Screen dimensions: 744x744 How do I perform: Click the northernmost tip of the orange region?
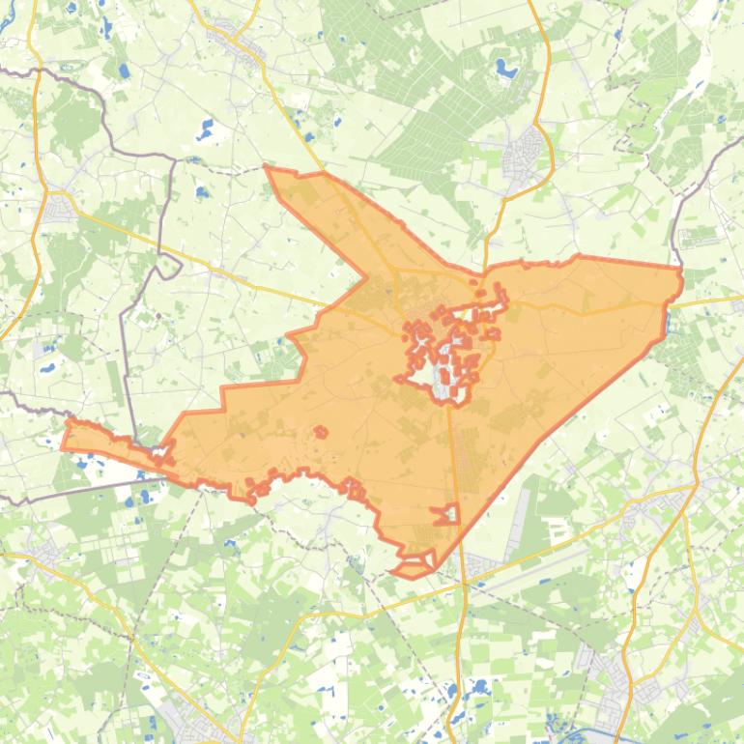[267, 167]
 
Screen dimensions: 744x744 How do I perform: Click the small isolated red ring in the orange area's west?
[319, 432]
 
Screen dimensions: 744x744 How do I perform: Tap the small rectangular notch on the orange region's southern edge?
[446, 514]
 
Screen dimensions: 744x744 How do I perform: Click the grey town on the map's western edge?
[56, 209]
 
